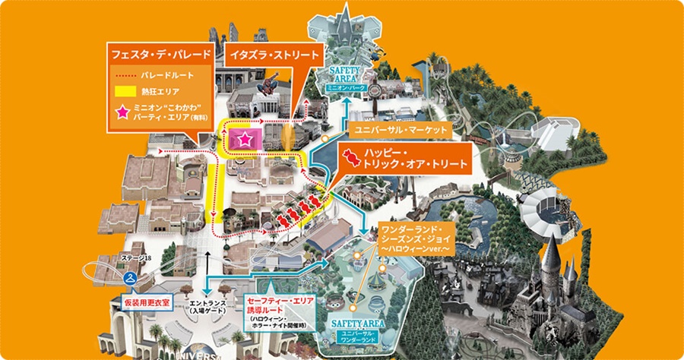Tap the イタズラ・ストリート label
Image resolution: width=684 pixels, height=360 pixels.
click(x=274, y=55)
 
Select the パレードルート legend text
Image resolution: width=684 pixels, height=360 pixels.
click(x=168, y=76)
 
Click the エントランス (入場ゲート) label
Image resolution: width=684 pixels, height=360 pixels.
click(x=206, y=305)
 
